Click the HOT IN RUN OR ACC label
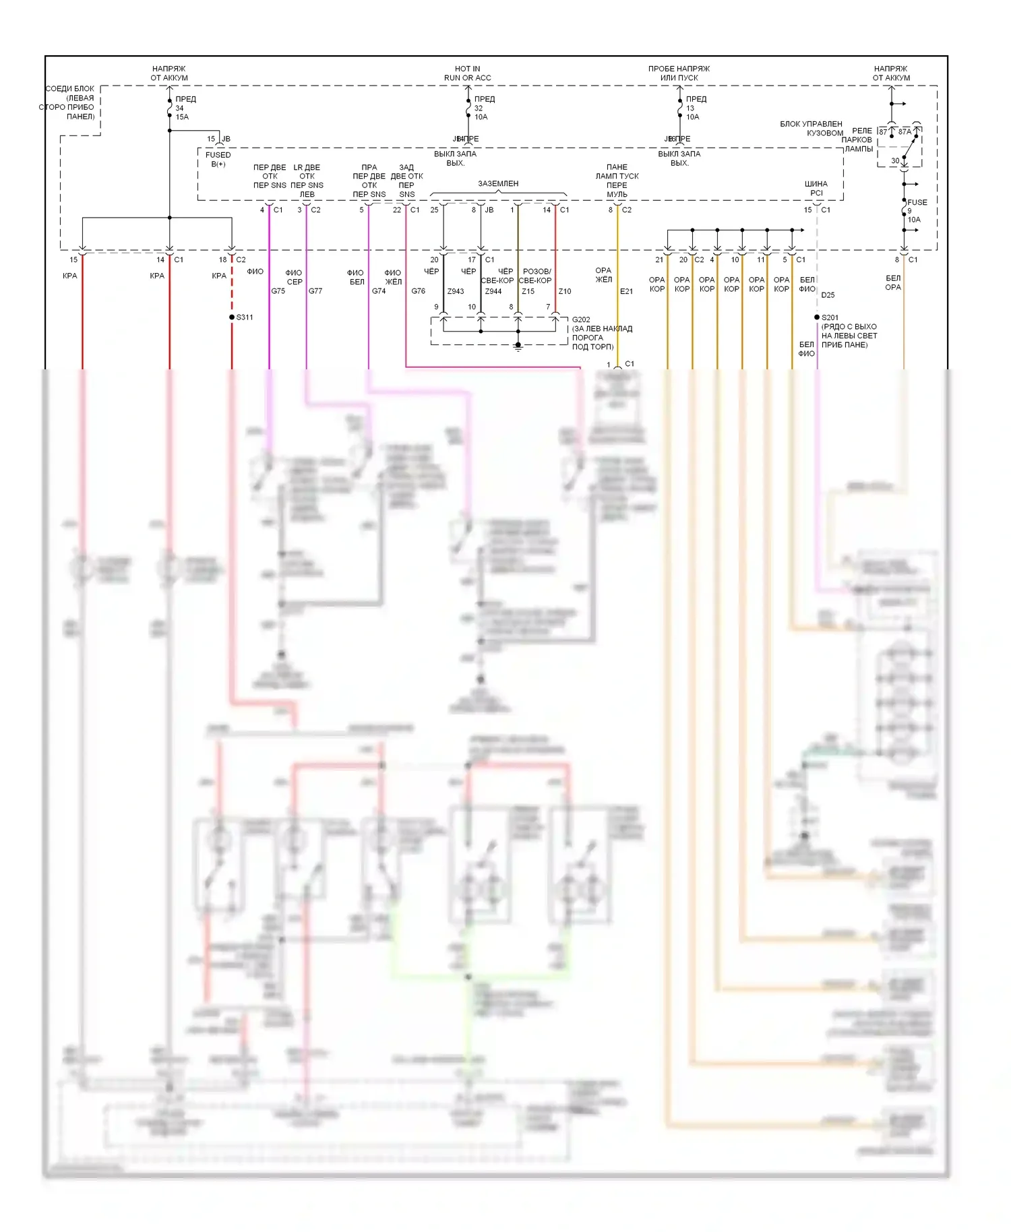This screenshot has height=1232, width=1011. point(467,73)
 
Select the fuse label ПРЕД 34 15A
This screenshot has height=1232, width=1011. point(183,108)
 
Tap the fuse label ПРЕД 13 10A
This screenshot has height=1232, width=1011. point(694,108)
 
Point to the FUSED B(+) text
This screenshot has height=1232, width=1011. point(218,160)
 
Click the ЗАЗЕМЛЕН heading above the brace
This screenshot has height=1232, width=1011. point(498,183)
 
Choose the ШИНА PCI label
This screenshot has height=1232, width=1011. point(816,188)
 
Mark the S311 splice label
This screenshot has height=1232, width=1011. point(244,317)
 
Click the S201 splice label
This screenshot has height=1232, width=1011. point(830,317)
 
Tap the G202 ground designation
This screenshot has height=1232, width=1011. point(581,320)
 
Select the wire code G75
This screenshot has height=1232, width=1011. point(278,291)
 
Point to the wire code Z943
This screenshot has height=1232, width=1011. point(456,291)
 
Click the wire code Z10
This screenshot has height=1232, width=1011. point(565,291)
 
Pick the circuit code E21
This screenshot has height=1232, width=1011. point(626,291)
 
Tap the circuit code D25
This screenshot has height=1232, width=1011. point(828,295)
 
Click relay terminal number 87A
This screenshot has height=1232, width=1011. point(904,132)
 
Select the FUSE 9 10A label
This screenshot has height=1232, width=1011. point(915,211)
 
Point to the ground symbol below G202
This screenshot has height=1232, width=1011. point(518,346)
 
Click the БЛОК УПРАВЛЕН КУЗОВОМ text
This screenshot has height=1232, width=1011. point(811,128)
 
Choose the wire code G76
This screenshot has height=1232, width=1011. point(418,291)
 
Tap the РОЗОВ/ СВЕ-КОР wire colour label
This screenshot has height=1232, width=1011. point(537,276)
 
